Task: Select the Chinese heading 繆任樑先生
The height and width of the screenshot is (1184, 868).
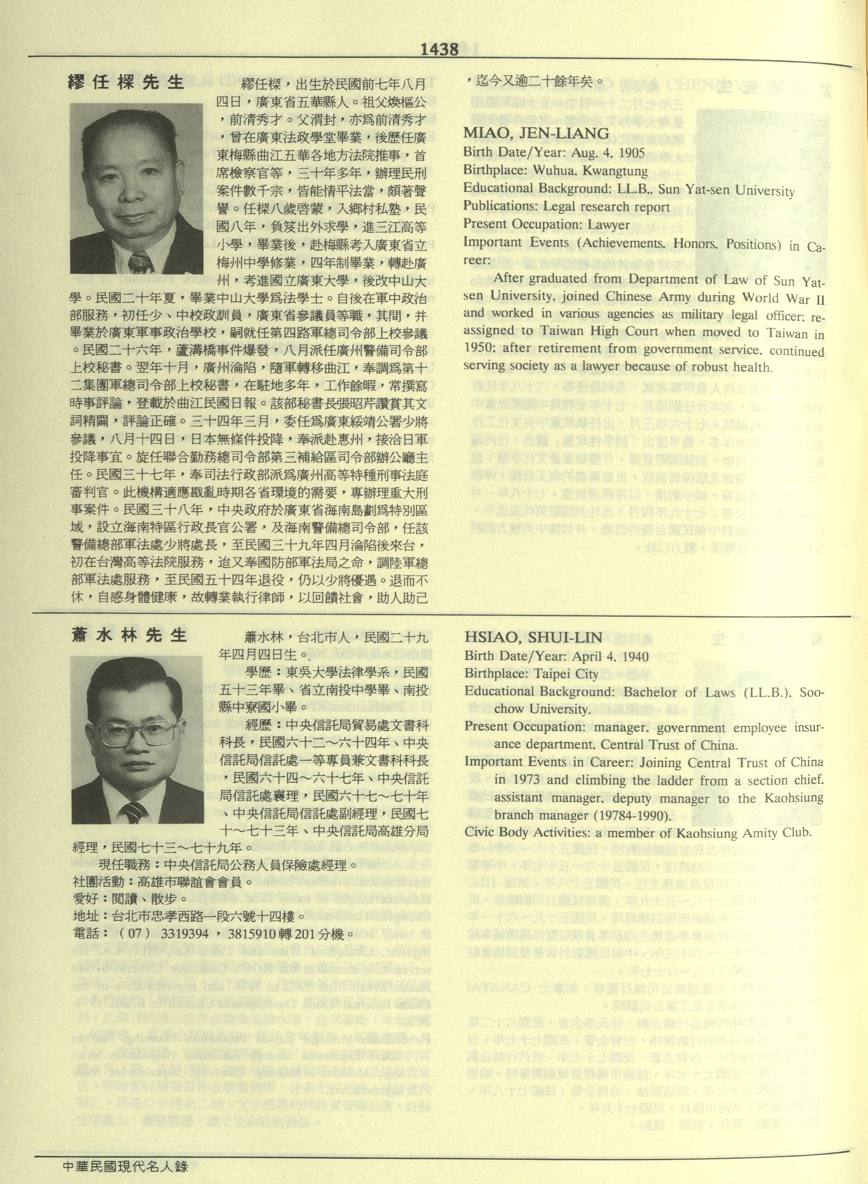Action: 127,82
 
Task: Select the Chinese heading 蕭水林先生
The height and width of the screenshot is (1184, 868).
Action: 130,635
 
